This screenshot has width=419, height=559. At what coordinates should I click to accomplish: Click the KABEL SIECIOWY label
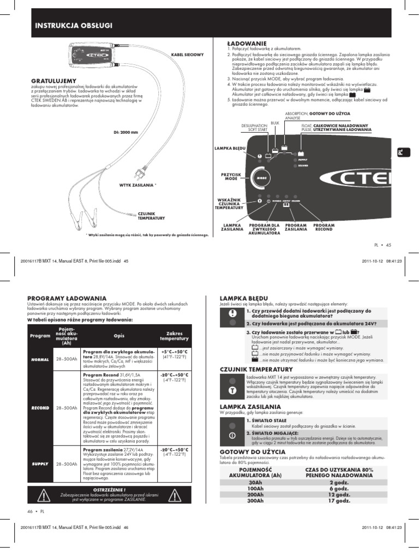[x=187, y=55]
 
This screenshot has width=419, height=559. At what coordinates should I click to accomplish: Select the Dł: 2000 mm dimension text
[x=125, y=132]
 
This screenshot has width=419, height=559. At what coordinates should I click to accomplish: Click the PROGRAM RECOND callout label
[x=324, y=227]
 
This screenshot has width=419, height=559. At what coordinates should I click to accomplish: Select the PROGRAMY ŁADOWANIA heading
[x=67, y=298]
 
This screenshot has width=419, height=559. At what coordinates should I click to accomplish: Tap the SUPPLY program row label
[x=40, y=463]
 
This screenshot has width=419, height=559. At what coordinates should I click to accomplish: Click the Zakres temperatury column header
[x=174, y=335]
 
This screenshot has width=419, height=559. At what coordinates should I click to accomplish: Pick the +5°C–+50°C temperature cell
[x=174, y=352]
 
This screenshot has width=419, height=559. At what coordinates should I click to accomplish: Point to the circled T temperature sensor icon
[x=232, y=391]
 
